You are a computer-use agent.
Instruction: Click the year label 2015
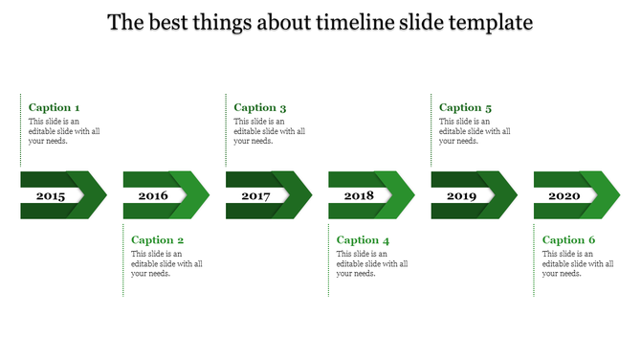(x=50, y=195)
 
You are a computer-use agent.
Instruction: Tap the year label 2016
(x=153, y=195)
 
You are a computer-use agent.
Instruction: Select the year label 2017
(x=255, y=195)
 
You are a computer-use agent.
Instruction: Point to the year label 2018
(x=359, y=195)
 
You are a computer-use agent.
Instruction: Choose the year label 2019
(x=461, y=195)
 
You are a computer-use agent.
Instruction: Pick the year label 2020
(x=564, y=195)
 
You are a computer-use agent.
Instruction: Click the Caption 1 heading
(x=55, y=108)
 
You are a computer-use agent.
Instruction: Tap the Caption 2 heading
(x=158, y=240)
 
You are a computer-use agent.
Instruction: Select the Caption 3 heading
(x=260, y=108)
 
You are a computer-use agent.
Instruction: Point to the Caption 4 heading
(x=364, y=240)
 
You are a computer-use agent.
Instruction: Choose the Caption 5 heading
(x=466, y=108)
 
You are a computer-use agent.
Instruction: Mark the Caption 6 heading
(x=569, y=240)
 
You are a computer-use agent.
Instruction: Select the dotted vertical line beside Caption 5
(x=431, y=131)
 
